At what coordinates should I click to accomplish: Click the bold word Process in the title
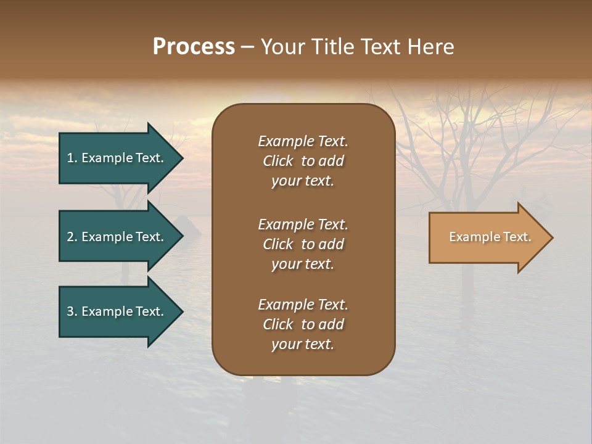(x=194, y=47)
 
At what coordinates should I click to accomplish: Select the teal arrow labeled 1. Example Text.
(x=117, y=158)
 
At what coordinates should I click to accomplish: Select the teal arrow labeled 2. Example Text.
(x=117, y=237)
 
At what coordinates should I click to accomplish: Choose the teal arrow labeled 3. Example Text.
(x=117, y=311)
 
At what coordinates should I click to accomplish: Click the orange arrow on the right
(x=487, y=237)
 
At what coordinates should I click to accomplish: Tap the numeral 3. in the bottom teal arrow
(x=72, y=311)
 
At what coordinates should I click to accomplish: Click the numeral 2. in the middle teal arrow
(x=72, y=237)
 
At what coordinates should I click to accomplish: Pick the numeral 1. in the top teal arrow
(x=72, y=158)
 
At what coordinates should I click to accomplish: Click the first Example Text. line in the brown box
(x=303, y=141)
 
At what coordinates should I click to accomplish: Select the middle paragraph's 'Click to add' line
(x=303, y=244)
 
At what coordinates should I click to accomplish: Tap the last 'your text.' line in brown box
(x=303, y=344)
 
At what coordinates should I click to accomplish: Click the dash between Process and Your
(x=247, y=47)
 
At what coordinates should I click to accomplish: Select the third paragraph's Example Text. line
(x=303, y=305)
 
